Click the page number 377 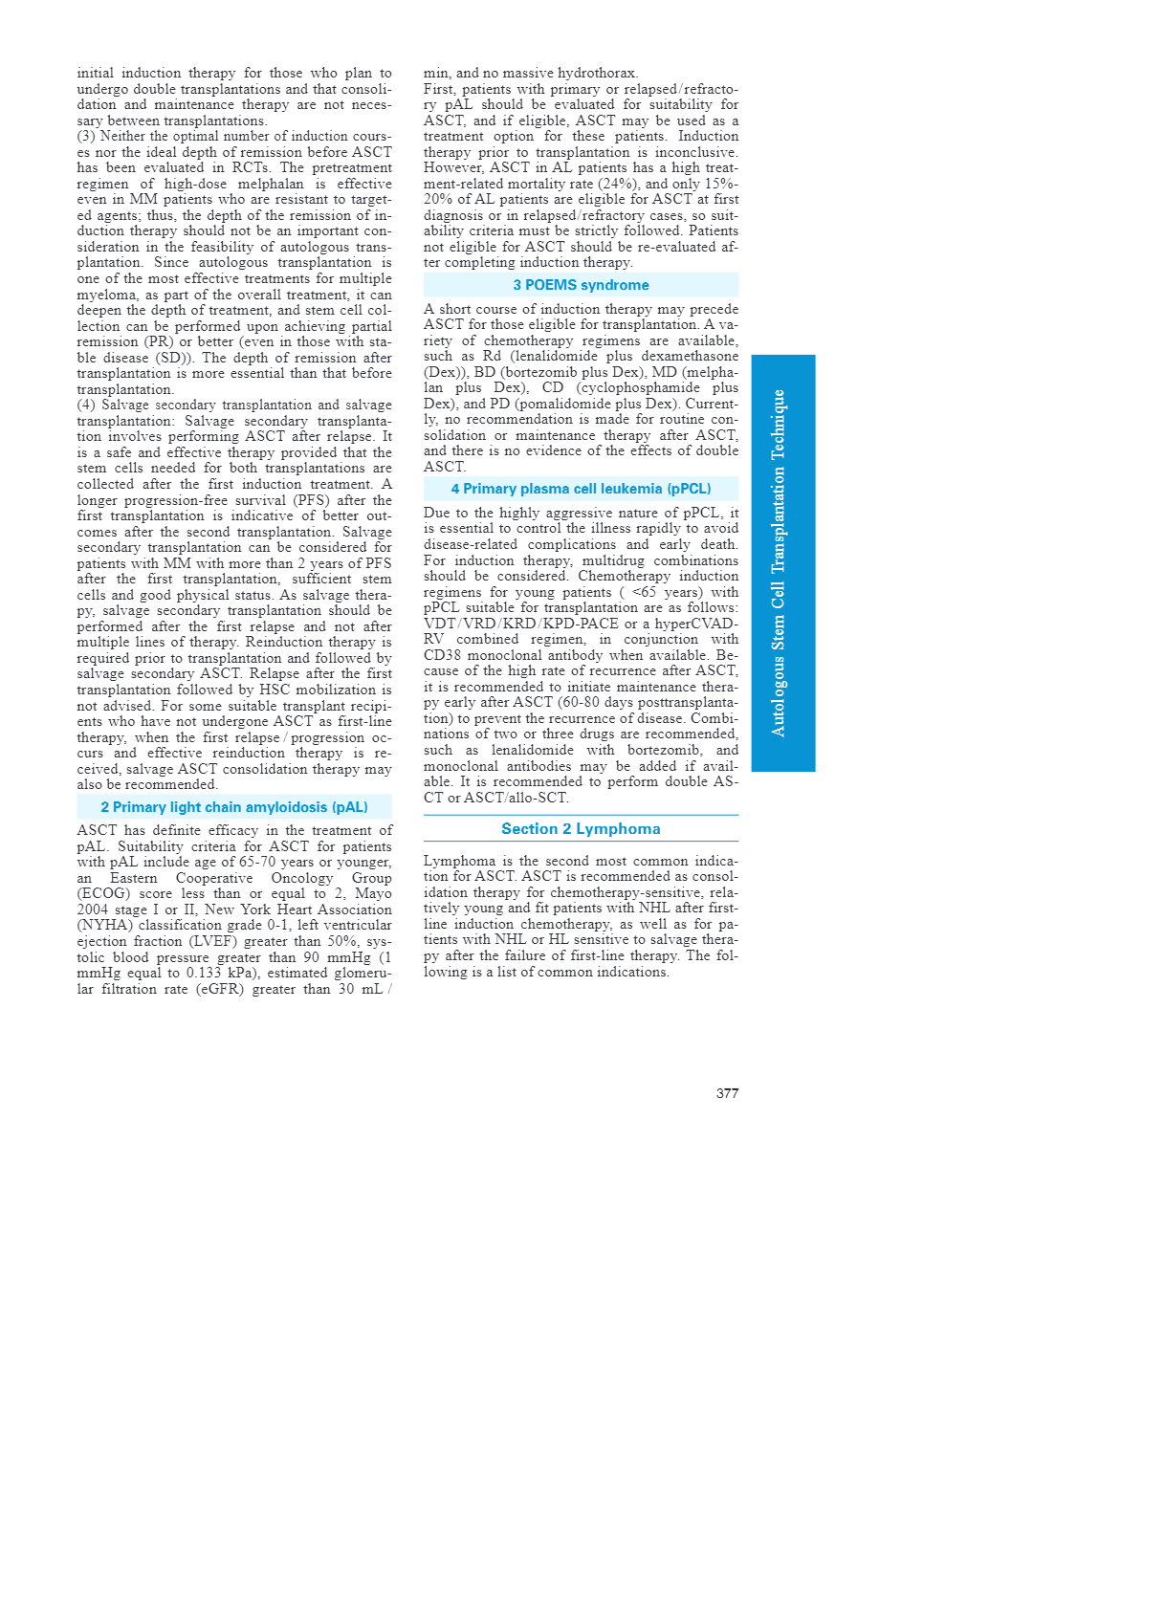pyautogui.click(x=727, y=1093)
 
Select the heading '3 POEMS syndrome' pyautogui.click(x=581, y=285)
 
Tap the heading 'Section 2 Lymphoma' pyautogui.click(x=581, y=829)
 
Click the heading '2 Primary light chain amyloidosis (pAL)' pyautogui.click(x=234, y=807)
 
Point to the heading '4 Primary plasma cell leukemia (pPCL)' pyautogui.click(x=581, y=489)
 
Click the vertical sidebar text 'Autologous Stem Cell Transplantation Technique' pyautogui.click(x=780, y=562)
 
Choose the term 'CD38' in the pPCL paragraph pyautogui.click(x=443, y=655)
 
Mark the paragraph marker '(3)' pyautogui.click(x=86, y=136)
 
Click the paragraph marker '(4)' pyautogui.click(x=86, y=405)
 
